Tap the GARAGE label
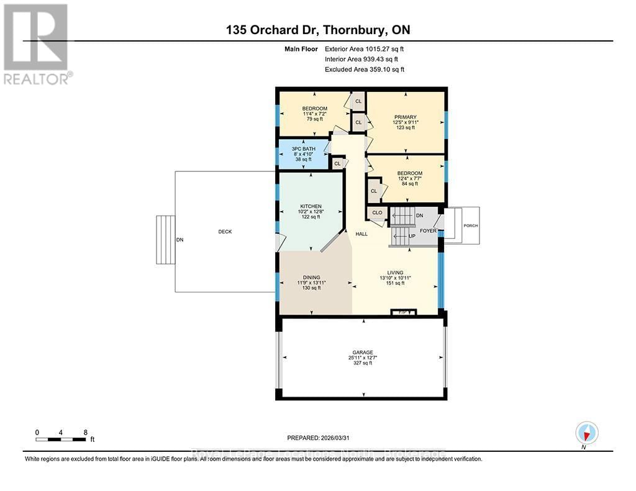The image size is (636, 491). (360, 353)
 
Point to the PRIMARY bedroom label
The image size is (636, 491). (405, 117)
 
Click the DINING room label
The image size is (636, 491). (311, 277)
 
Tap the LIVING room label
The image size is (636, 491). (395, 273)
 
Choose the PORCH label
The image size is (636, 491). (470, 226)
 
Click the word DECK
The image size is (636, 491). (224, 232)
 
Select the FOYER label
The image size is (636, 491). (428, 230)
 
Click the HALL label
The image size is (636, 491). (361, 234)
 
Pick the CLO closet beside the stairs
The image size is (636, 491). (377, 213)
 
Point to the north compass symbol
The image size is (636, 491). (586, 432)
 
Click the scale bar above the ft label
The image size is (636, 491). (60, 439)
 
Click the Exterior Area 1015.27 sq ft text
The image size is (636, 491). (364, 48)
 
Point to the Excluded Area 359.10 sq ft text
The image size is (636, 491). (364, 70)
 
